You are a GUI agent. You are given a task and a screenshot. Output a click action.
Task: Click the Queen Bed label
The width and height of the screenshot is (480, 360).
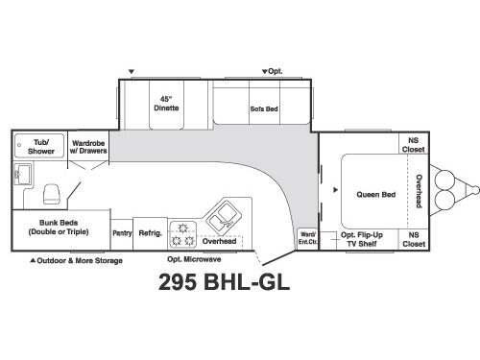tap(370, 194)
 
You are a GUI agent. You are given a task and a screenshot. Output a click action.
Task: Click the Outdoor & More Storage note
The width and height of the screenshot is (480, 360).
tap(78, 260)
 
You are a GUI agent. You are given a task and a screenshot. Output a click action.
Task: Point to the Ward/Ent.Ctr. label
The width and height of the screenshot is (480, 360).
tap(308, 236)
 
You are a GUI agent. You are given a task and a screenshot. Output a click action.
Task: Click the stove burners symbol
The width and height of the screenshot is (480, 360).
tap(181, 234)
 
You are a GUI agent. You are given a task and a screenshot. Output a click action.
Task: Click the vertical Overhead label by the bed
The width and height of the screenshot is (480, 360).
tap(419, 192)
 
